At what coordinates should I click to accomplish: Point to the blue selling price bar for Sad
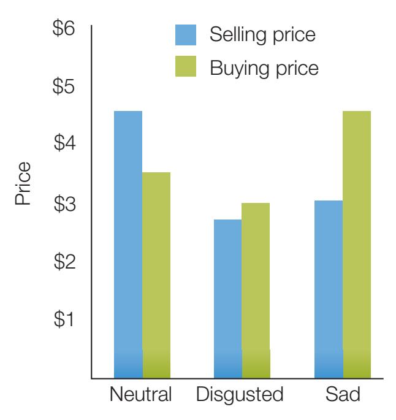(328, 289)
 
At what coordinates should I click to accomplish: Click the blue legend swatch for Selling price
(186, 34)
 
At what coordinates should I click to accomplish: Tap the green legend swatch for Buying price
(186, 67)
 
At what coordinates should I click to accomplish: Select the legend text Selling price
(262, 34)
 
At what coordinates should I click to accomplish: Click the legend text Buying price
(264, 67)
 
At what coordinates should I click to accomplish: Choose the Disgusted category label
(241, 395)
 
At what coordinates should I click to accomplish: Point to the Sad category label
(342, 394)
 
